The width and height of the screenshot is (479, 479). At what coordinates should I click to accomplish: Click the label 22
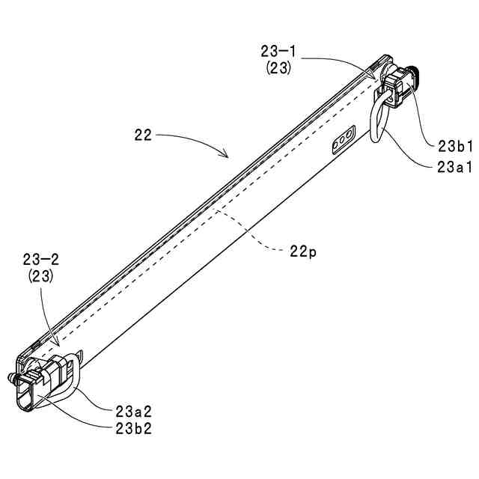(x=143, y=135)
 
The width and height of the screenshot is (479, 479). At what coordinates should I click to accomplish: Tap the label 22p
(x=302, y=252)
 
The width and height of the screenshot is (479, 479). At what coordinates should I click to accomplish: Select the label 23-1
(x=278, y=52)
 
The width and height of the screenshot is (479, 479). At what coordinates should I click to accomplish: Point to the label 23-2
(x=41, y=260)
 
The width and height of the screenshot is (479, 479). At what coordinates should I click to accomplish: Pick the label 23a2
(x=135, y=411)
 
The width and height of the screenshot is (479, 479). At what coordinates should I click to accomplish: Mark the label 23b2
(x=135, y=428)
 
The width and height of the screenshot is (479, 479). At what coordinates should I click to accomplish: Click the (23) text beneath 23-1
(x=278, y=67)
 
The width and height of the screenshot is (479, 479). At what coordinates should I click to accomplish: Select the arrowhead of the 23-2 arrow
(x=55, y=345)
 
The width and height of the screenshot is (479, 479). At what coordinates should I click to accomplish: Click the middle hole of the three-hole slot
(x=341, y=140)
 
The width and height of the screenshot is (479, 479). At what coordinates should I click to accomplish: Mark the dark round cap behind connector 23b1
(x=414, y=74)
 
